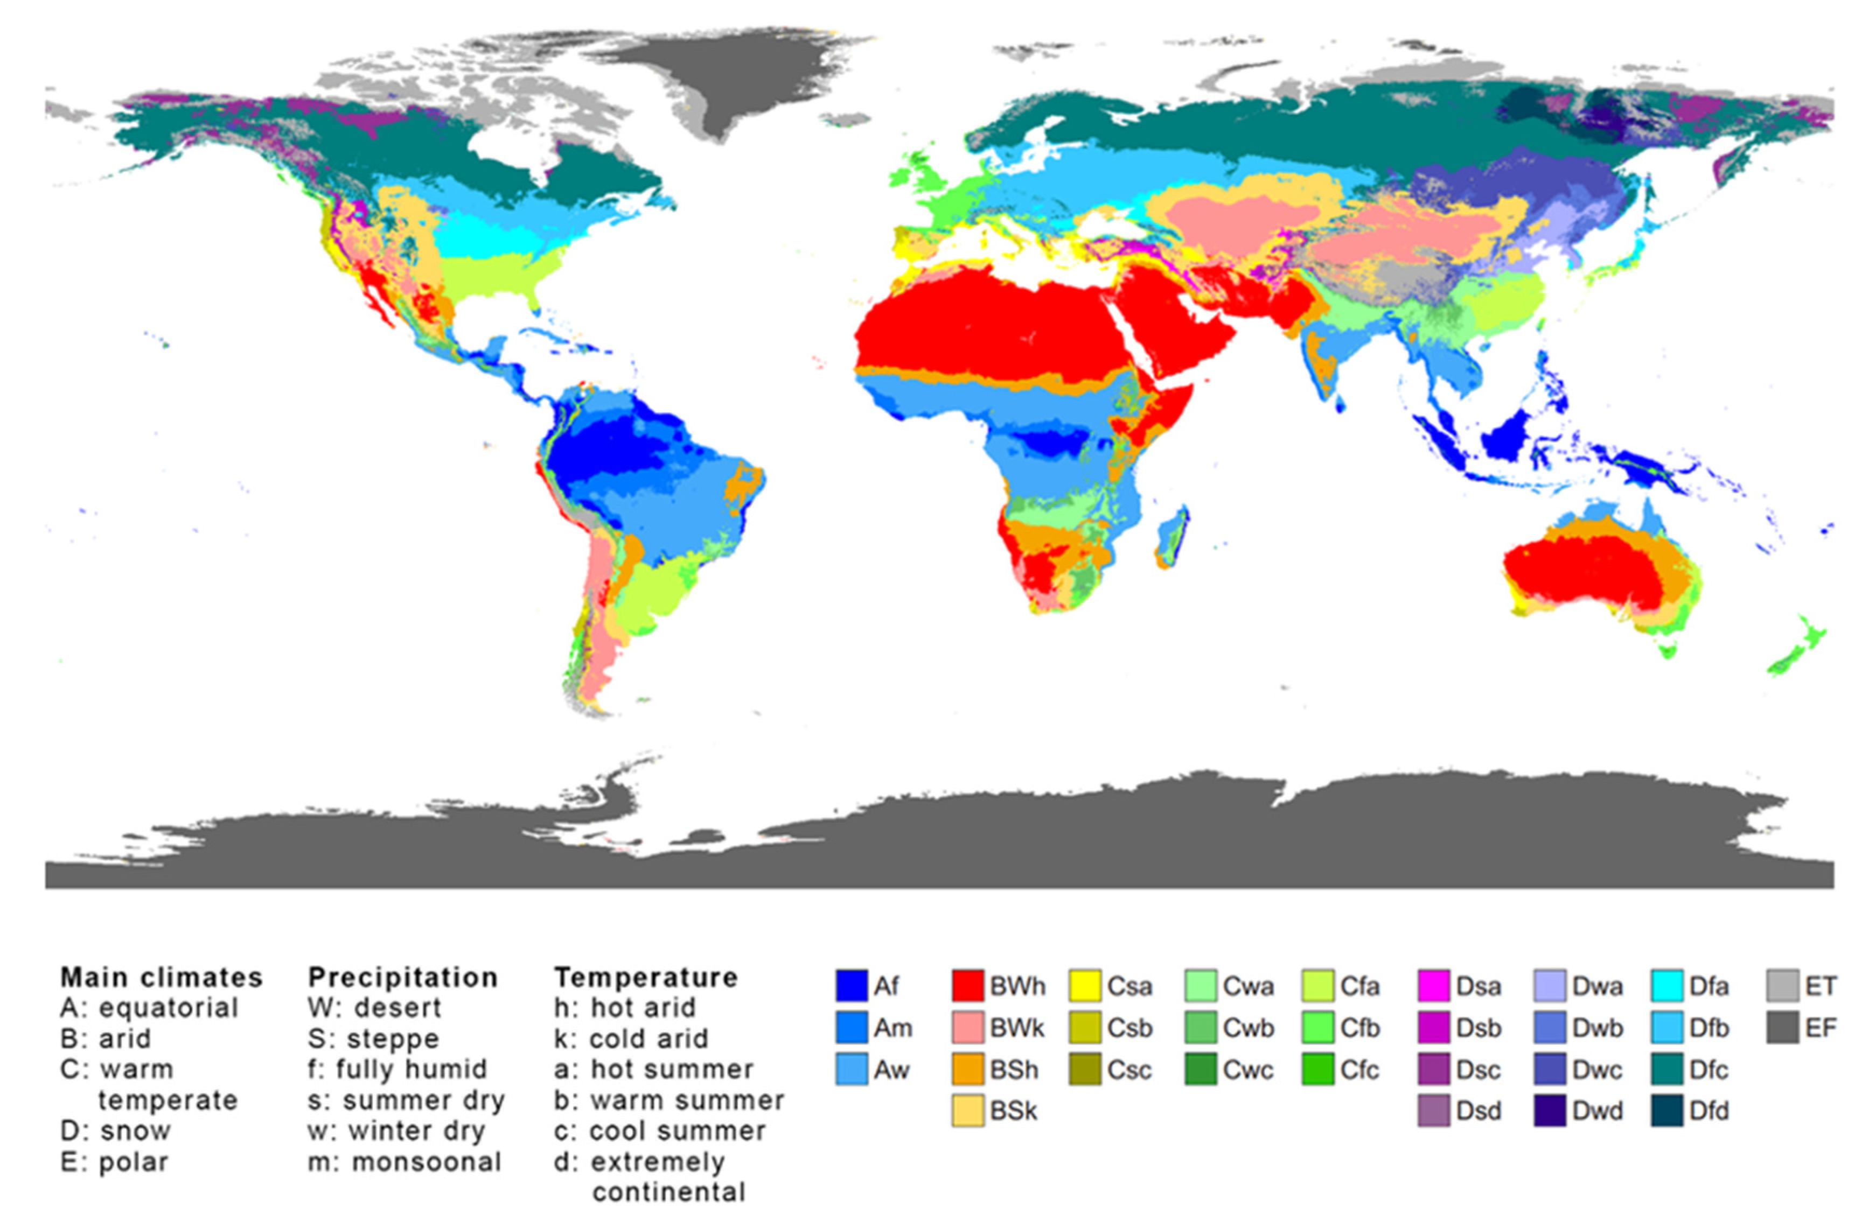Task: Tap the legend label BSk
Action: (1014, 1111)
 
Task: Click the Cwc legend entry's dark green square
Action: (1200, 1069)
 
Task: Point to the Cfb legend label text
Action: (1359, 1028)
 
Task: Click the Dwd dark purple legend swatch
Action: (1550, 1111)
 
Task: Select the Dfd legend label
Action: (1710, 1111)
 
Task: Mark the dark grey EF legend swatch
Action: (1783, 1028)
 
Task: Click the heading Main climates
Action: (162, 978)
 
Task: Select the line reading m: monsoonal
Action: (405, 1162)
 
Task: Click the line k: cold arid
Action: (631, 1039)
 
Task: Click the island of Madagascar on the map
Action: (1171, 538)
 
